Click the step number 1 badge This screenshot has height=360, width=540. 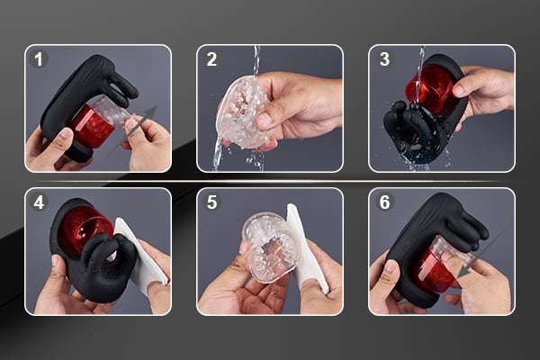(x=39, y=59)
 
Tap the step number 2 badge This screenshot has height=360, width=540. (x=211, y=59)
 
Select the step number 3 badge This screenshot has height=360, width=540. (x=384, y=59)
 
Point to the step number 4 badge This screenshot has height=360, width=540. (x=39, y=202)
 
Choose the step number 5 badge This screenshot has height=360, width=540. (x=211, y=202)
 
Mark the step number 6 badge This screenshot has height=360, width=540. (x=384, y=202)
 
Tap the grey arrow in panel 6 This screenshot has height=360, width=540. (x=469, y=261)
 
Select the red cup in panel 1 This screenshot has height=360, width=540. (x=90, y=127)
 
